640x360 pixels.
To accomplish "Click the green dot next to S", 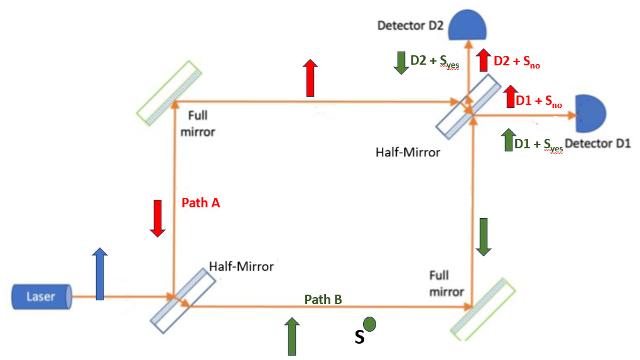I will (370, 324).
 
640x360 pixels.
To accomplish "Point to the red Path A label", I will (200, 203).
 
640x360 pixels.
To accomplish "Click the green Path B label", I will (323, 300).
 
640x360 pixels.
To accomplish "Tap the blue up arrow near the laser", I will (99, 274).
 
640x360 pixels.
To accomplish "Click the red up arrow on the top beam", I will (310, 78).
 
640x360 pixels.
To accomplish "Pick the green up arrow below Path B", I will (291, 336).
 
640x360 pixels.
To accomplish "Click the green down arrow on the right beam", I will (483, 237).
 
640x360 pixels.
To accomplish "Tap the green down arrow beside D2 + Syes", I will (401, 62).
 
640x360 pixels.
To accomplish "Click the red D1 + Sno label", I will (534, 100).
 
